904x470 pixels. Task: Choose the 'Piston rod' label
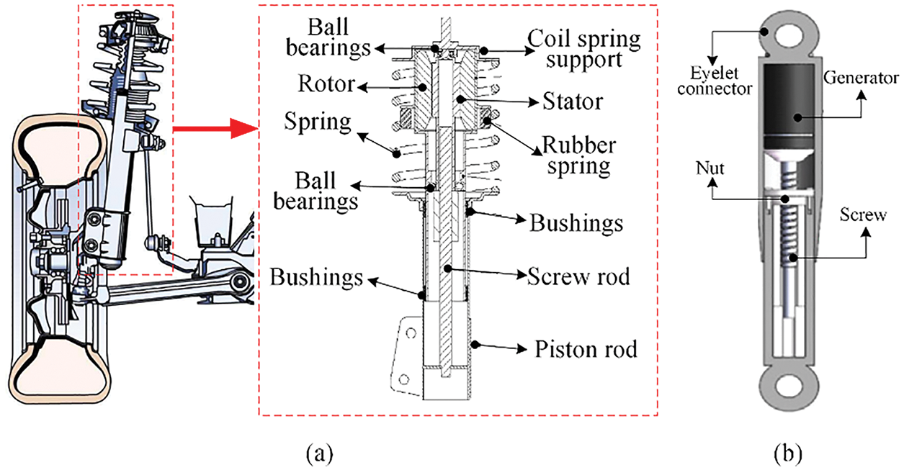[586, 351]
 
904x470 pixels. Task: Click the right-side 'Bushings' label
[576, 223]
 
